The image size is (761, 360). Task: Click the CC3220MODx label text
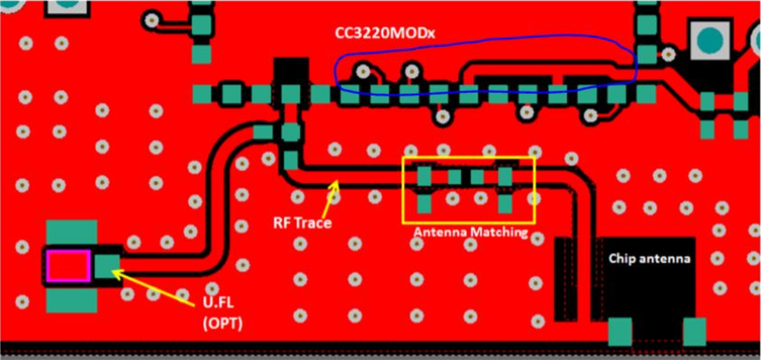pyautogui.click(x=385, y=33)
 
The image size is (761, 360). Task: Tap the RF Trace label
pyautogui.click(x=303, y=223)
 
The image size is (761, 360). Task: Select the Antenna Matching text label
pyautogui.click(x=471, y=233)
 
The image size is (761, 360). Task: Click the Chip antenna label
pyautogui.click(x=649, y=259)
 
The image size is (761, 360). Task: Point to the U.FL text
pyautogui.click(x=218, y=302)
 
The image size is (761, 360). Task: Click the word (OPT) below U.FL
pyautogui.click(x=223, y=324)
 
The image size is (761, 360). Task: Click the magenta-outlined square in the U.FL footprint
pyautogui.click(x=69, y=266)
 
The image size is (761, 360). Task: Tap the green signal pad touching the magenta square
pyautogui.click(x=107, y=267)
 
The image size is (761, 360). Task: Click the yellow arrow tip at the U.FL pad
pyautogui.click(x=112, y=271)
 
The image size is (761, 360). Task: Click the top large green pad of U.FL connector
pyautogui.click(x=72, y=231)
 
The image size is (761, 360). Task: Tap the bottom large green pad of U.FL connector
pyautogui.click(x=72, y=301)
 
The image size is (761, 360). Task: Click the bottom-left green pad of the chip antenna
pyautogui.click(x=620, y=332)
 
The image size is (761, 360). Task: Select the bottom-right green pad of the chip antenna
pyautogui.click(x=694, y=332)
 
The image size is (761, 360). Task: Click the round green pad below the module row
pyautogui.click(x=291, y=132)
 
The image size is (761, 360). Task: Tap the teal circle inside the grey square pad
pyautogui.click(x=710, y=40)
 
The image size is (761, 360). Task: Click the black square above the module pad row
pyautogui.click(x=291, y=71)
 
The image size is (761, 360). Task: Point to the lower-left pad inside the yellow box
pyautogui.click(x=424, y=204)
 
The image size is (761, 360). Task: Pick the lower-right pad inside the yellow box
pyautogui.click(x=505, y=204)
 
